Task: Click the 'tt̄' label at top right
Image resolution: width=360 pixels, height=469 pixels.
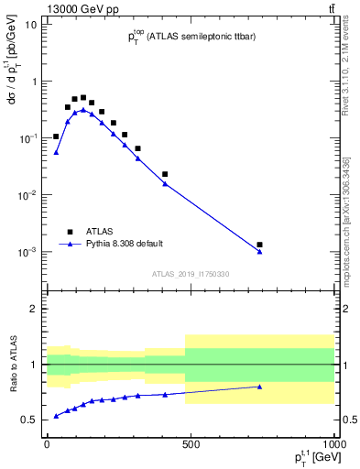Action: pyautogui.click(x=331, y=9)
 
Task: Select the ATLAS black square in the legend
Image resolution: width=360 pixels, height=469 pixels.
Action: pyautogui.click(x=69, y=232)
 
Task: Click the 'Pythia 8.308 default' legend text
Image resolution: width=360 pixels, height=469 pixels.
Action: pyautogui.click(x=125, y=245)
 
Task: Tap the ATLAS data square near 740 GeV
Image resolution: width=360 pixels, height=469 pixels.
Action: pyautogui.click(x=260, y=245)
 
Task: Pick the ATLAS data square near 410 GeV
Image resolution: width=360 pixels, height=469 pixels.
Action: pyautogui.click(x=165, y=174)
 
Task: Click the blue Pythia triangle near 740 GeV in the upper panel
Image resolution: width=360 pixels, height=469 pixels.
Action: pyautogui.click(x=260, y=252)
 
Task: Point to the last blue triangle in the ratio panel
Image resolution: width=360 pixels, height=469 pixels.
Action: pyautogui.click(x=260, y=387)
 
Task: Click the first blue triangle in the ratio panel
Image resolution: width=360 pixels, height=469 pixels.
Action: pyautogui.click(x=57, y=416)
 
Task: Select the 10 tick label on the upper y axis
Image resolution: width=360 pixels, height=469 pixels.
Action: pyautogui.click(x=30, y=24)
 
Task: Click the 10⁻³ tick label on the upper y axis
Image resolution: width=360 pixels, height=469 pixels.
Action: pyautogui.click(x=27, y=251)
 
